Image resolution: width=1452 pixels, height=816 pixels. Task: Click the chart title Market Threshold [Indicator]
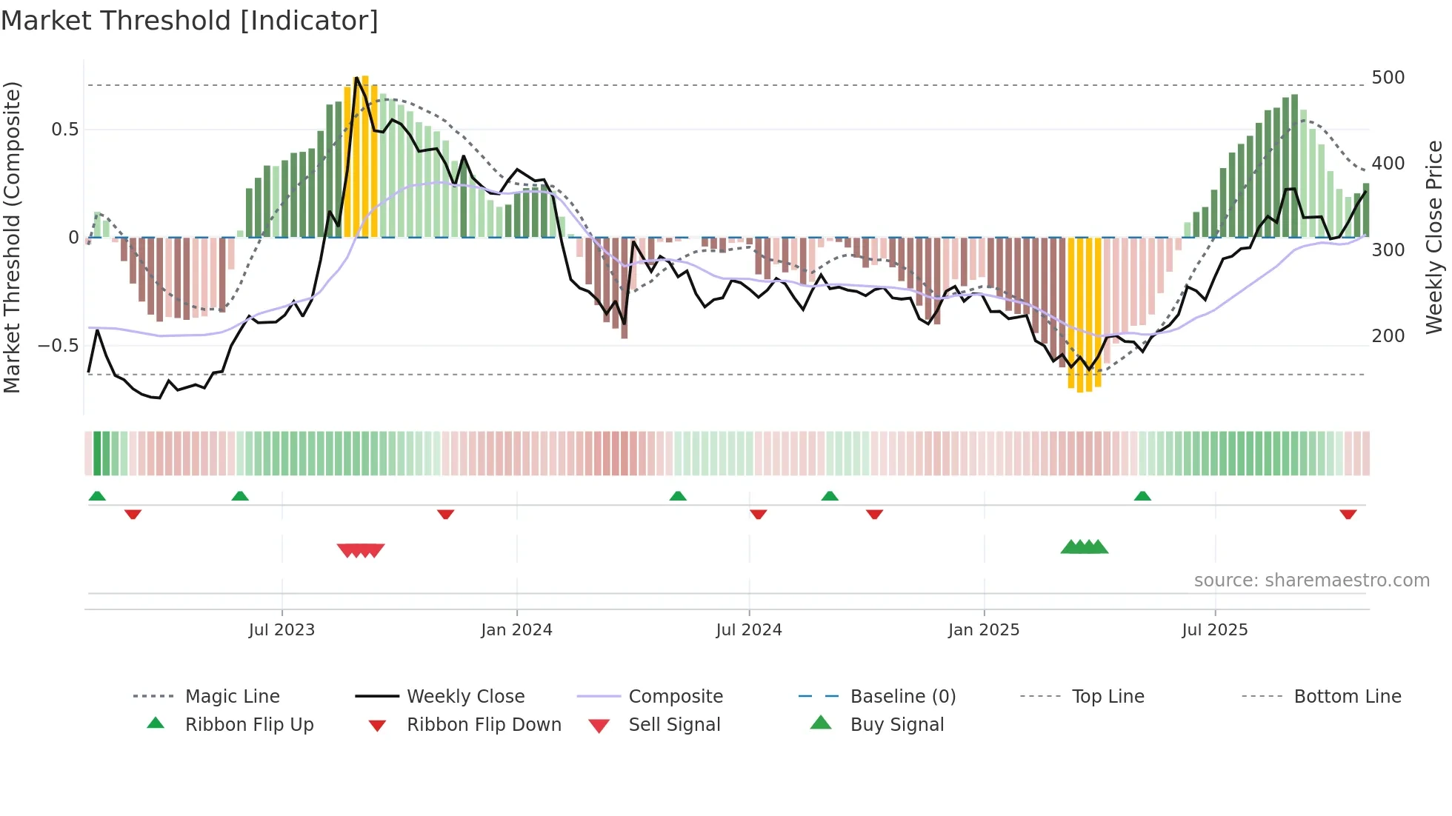(190, 21)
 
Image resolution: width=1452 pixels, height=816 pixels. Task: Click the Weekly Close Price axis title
(1434, 237)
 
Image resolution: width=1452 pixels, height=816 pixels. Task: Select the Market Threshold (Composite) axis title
(12, 237)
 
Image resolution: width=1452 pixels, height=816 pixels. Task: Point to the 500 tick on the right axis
(1388, 78)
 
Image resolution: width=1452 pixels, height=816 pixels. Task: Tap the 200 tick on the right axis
(1388, 336)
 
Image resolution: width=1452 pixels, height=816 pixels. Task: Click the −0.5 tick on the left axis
(58, 346)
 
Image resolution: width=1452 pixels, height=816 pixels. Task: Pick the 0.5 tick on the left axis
(64, 130)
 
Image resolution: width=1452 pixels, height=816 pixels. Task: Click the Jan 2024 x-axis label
(516, 630)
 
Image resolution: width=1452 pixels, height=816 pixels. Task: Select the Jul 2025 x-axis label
(1214, 630)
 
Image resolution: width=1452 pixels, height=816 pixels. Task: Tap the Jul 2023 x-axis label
(282, 630)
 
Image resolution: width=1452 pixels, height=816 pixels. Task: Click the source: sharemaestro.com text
(1311, 581)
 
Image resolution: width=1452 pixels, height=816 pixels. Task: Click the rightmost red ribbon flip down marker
(1348, 514)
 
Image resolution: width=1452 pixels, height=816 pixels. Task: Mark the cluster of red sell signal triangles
(361, 550)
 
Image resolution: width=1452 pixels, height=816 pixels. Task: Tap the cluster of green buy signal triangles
(1084, 547)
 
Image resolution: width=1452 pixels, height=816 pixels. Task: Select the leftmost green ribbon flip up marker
(97, 496)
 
